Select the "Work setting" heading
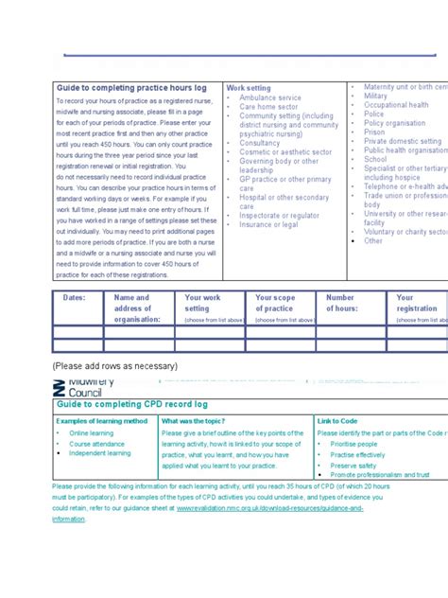click(x=248, y=88)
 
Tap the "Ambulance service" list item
click(x=270, y=97)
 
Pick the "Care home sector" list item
click(x=268, y=107)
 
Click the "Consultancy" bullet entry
click(x=260, y=143)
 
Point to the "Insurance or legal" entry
click(x=268, y=224)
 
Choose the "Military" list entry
click(x=375, y=96)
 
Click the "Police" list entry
click(x=373, y=114)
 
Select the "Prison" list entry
click(x=374, y=132)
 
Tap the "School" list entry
click(x=375, y=159)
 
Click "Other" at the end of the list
click(x=373, y=240)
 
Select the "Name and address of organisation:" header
click(x=138, y=308)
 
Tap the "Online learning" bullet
click(x=91, y=433)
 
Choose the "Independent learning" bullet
click(x=100, y=453)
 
